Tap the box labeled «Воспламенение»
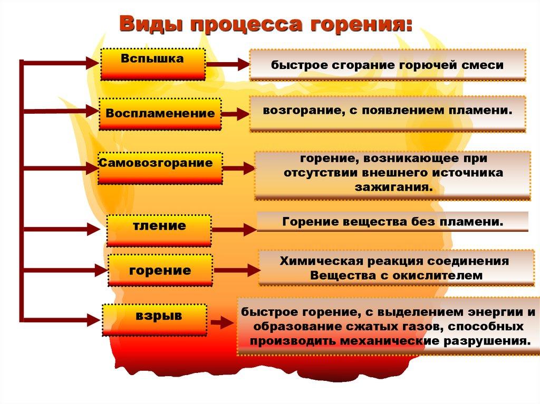(x=160, y=114)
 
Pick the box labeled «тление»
(x=159, y=230)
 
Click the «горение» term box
(x=160, y=270)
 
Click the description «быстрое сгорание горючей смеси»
(x=388, y=65)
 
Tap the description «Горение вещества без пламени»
(x=392, y=222)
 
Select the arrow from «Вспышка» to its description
(x=227, y=64)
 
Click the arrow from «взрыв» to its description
(x=222, y=322)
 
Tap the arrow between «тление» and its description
(x=234, y=230)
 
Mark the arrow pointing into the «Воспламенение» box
(x=61, y=111)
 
